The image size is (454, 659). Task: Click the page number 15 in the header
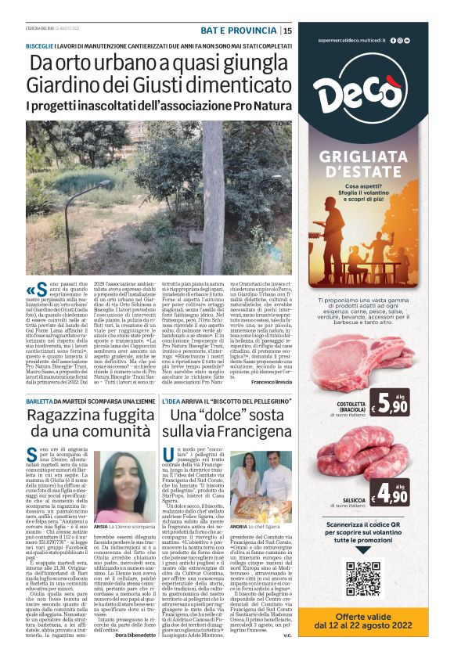point(288,31)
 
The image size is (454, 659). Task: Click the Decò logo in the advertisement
point(363,91)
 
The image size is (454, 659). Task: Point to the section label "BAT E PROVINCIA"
point(238,31)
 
